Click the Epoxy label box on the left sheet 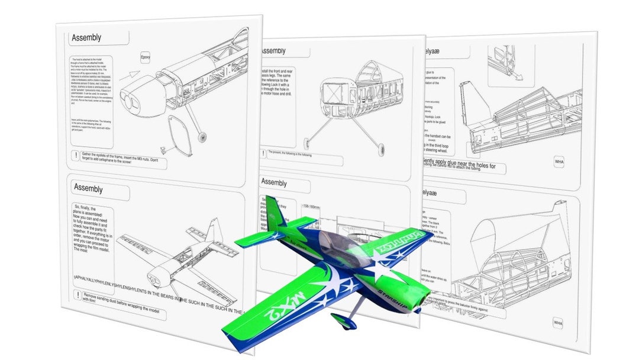pyautogui.click(x=145, y=57)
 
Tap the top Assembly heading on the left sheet pyautogui.click(x=86, y=38)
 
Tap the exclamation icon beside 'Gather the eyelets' pyautogui.click(x=76, y=156)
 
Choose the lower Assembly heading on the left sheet pyautogui.click(x=88, y=188)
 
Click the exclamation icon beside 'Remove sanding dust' pyautogui.click(x=77, y=294)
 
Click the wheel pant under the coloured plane pyautogui.click(x=341, y=322)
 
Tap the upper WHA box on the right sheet pyautogui.click(x=559, y=161)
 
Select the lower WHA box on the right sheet pyautogui.click(x=558, y=322)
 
